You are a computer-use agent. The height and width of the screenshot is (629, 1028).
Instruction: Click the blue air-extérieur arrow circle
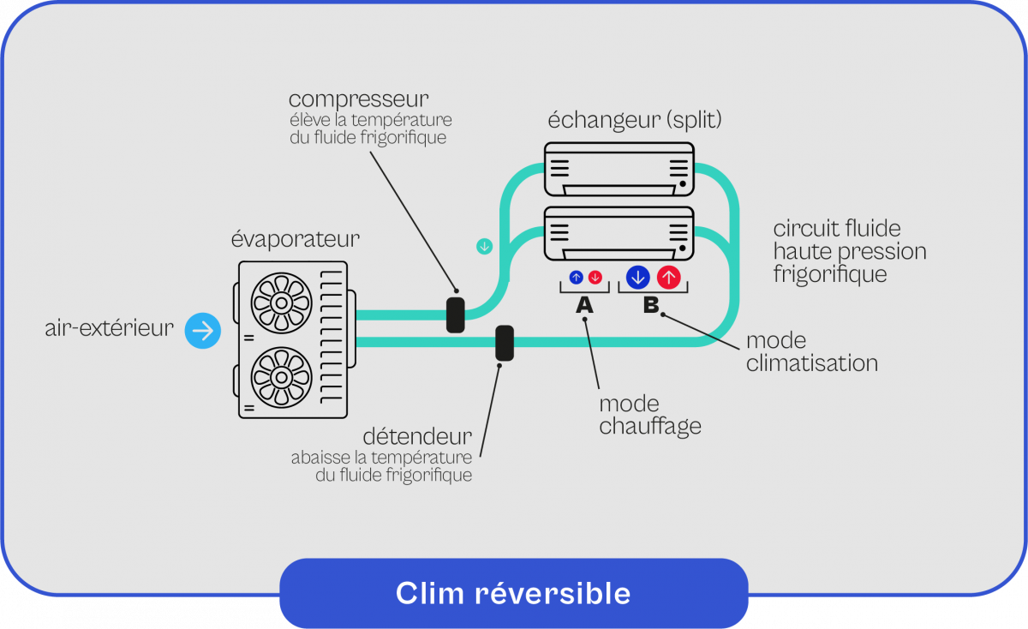click(x=203, y=330)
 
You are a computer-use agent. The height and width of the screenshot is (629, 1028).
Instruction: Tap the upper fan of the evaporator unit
click(x=280, y=301)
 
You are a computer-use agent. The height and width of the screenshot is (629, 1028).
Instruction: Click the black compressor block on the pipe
click(x=455, y=314)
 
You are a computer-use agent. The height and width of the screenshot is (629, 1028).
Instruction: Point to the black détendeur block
click(x=505, y=342)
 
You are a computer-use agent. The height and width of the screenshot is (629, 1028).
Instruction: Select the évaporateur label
click(x=295, y=237)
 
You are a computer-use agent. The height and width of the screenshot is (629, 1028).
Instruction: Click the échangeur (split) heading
click(x=635, y=120)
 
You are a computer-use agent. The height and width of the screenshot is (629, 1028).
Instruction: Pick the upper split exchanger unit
click(x=619, y=169)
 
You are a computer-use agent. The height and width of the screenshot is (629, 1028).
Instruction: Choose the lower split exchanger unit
click(x=619, y=232)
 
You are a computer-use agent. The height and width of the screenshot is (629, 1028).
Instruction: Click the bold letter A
click(x=584, y=304)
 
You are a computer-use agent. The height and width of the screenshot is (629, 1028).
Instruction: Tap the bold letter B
click(x=651, y=304)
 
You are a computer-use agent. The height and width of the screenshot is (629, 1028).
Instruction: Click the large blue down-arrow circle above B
click(x=637, y=277)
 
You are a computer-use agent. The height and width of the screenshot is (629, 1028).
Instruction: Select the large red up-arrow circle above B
click(x=669, y=277)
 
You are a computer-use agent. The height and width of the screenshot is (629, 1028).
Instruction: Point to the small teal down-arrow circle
click(x=485, y=247)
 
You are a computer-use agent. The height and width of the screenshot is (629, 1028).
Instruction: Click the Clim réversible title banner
click(x=513, y=593)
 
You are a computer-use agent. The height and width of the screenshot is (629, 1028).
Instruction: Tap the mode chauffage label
click(x=650, y=415)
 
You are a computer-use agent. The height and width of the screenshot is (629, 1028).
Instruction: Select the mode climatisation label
click(x=811, y=351)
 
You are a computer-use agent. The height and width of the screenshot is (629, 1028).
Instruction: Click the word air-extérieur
click(x=109, y=328)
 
